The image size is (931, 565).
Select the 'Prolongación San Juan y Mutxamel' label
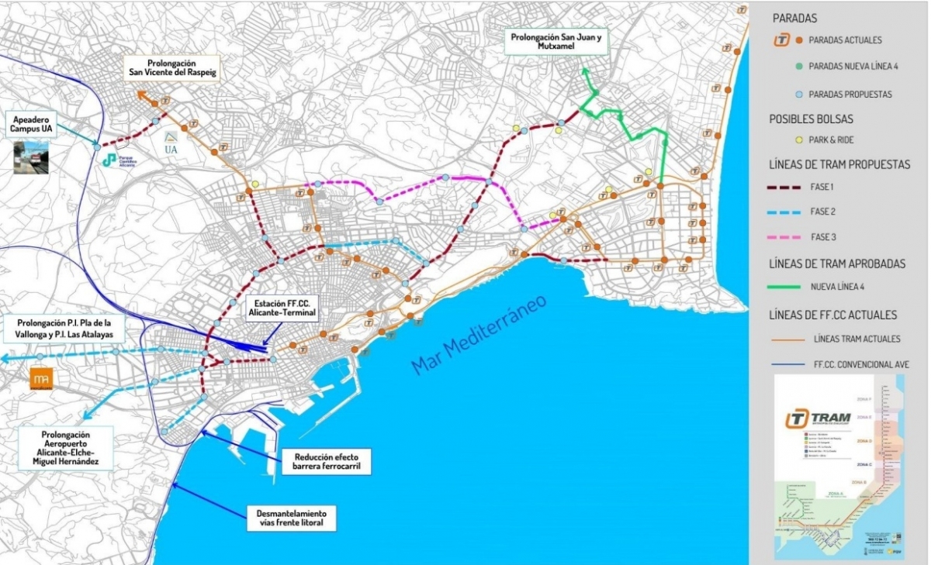coord(556,40)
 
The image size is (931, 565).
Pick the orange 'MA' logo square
coord(41,379)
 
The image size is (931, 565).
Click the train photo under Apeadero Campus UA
coord(31,157)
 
